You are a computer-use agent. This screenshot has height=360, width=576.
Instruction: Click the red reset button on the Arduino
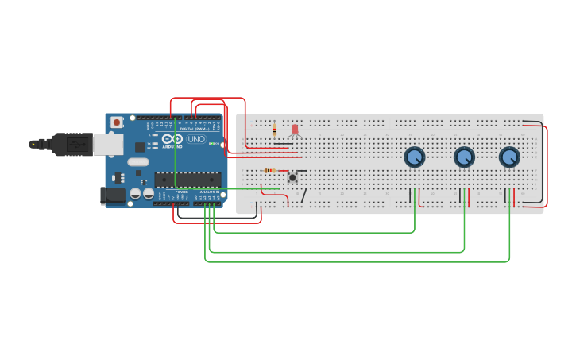point(117,122)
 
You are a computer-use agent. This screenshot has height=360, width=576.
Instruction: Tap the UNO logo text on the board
point(195,139)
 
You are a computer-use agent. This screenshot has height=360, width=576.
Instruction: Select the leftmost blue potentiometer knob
point(414,157)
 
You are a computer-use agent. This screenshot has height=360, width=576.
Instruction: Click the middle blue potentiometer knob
point(464,157)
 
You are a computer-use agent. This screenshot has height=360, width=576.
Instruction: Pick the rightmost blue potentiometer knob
point(509,157)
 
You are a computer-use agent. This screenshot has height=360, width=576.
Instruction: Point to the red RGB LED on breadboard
point(295,130)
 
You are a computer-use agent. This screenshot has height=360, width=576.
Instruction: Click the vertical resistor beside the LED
point(274,130)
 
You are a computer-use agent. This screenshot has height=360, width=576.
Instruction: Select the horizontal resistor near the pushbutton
point(269,171)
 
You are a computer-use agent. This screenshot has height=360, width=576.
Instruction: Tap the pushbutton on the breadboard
point(292,176)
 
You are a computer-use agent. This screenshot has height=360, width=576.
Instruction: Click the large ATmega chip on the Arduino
point(187,180)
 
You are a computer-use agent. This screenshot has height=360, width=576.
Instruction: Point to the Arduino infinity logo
point(171,138)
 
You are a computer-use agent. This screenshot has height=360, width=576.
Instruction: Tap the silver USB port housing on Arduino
point(108,144)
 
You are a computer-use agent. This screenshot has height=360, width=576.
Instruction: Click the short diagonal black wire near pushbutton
point(303,195)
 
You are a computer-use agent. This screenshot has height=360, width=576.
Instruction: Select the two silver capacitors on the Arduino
point(141,193)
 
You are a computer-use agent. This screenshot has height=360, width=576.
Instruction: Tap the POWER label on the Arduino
point(182,192)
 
